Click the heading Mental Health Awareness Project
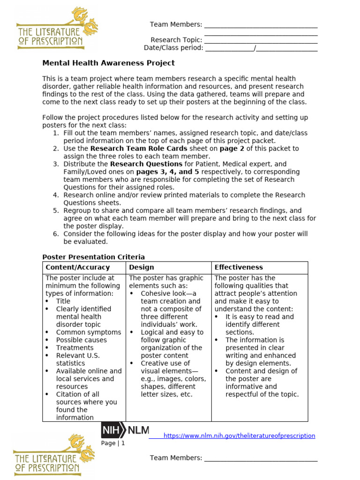pyautogui.click(x=108, y=63)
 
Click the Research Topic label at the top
pyautogui.click(x=176, y=40)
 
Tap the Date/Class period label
pyautogui.click(x=173, y=48)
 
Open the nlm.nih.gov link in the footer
pyautogui.click(x=240, y=435)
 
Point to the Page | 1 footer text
pyautogui.click(x=113, y=443)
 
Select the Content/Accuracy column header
pyautogui.click(x=77, y=267)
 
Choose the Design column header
pyautogui.click(x=142, y=267)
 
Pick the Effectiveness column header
pyautogui.click(x=239, y=267)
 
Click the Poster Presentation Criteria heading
pyautogui.click(x=94, y=257)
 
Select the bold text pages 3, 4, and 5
pyautogui.click(x=171, y=172)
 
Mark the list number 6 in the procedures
pyautogui.click(x=55, y=234)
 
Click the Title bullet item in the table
pyautogui.click(x=63, y=301)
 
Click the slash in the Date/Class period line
pyautogui.click(x=255, y=48)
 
